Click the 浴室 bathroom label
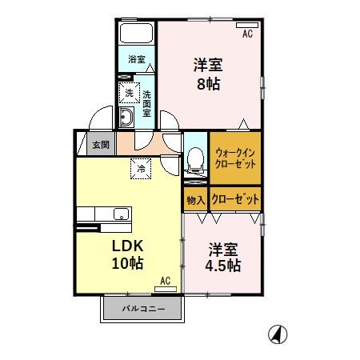pyautogui.click(x=137, y=58)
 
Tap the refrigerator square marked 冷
pyautogui.click(x=141, y=168)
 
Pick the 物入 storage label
pyautogui.click(x=196, y=198)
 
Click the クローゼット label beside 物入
pyautogui.click(x=234, y=198)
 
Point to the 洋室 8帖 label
pyautogui.click(x=206, y=74)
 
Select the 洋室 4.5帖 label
pyautogui.click(x=222, y=257)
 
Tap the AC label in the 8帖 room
pyautogui.click(x=247, y=34)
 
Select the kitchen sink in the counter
pyautogui.click(x=120, y=213)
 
